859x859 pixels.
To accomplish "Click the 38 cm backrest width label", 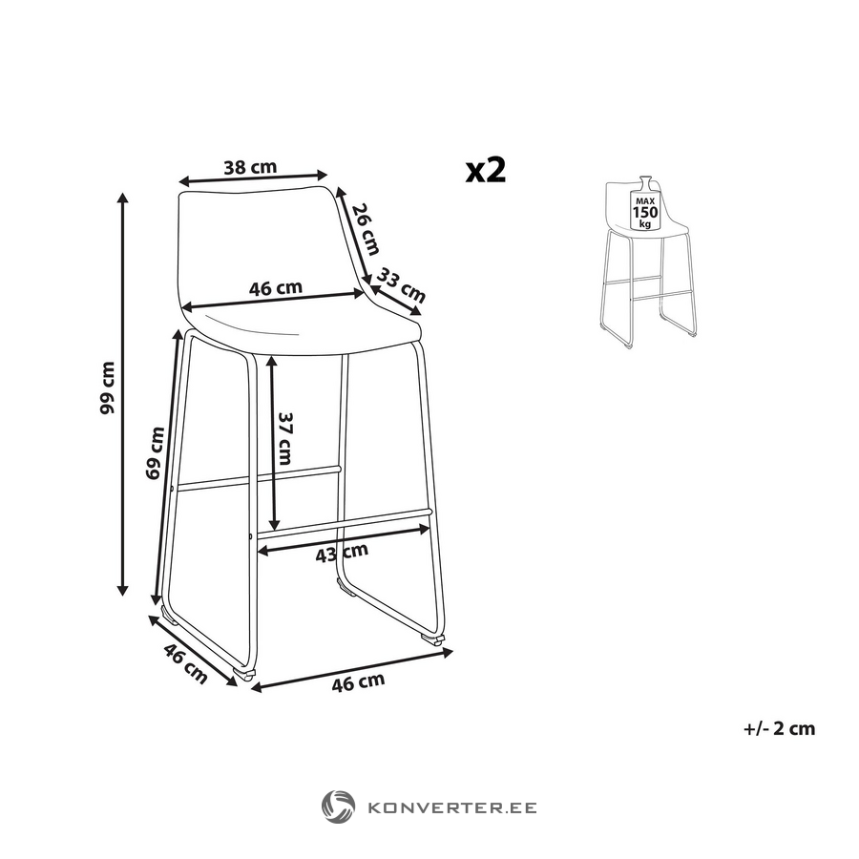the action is [250, 167].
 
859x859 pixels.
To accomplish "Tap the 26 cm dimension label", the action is [366, 229].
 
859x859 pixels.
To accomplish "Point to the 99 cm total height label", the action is [108, 388].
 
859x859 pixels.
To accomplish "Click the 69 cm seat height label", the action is [155, 453].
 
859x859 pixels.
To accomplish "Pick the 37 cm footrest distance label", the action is [285, 438].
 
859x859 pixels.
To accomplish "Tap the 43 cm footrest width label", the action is [342, 553].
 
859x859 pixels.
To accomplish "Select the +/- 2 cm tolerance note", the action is [780, 728].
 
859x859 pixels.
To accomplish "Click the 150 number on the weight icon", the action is [645, 213].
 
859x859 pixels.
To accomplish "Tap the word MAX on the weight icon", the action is [645, 201].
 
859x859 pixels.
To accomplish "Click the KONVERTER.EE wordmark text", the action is [452, 807].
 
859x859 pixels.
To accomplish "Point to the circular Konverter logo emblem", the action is [338, 807].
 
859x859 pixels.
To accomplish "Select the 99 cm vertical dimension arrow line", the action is [123, 394].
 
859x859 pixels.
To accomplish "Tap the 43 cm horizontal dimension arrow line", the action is [344, 539].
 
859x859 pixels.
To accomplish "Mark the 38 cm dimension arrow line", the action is [253, 178].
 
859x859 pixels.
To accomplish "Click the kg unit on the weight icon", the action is [645, 223].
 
